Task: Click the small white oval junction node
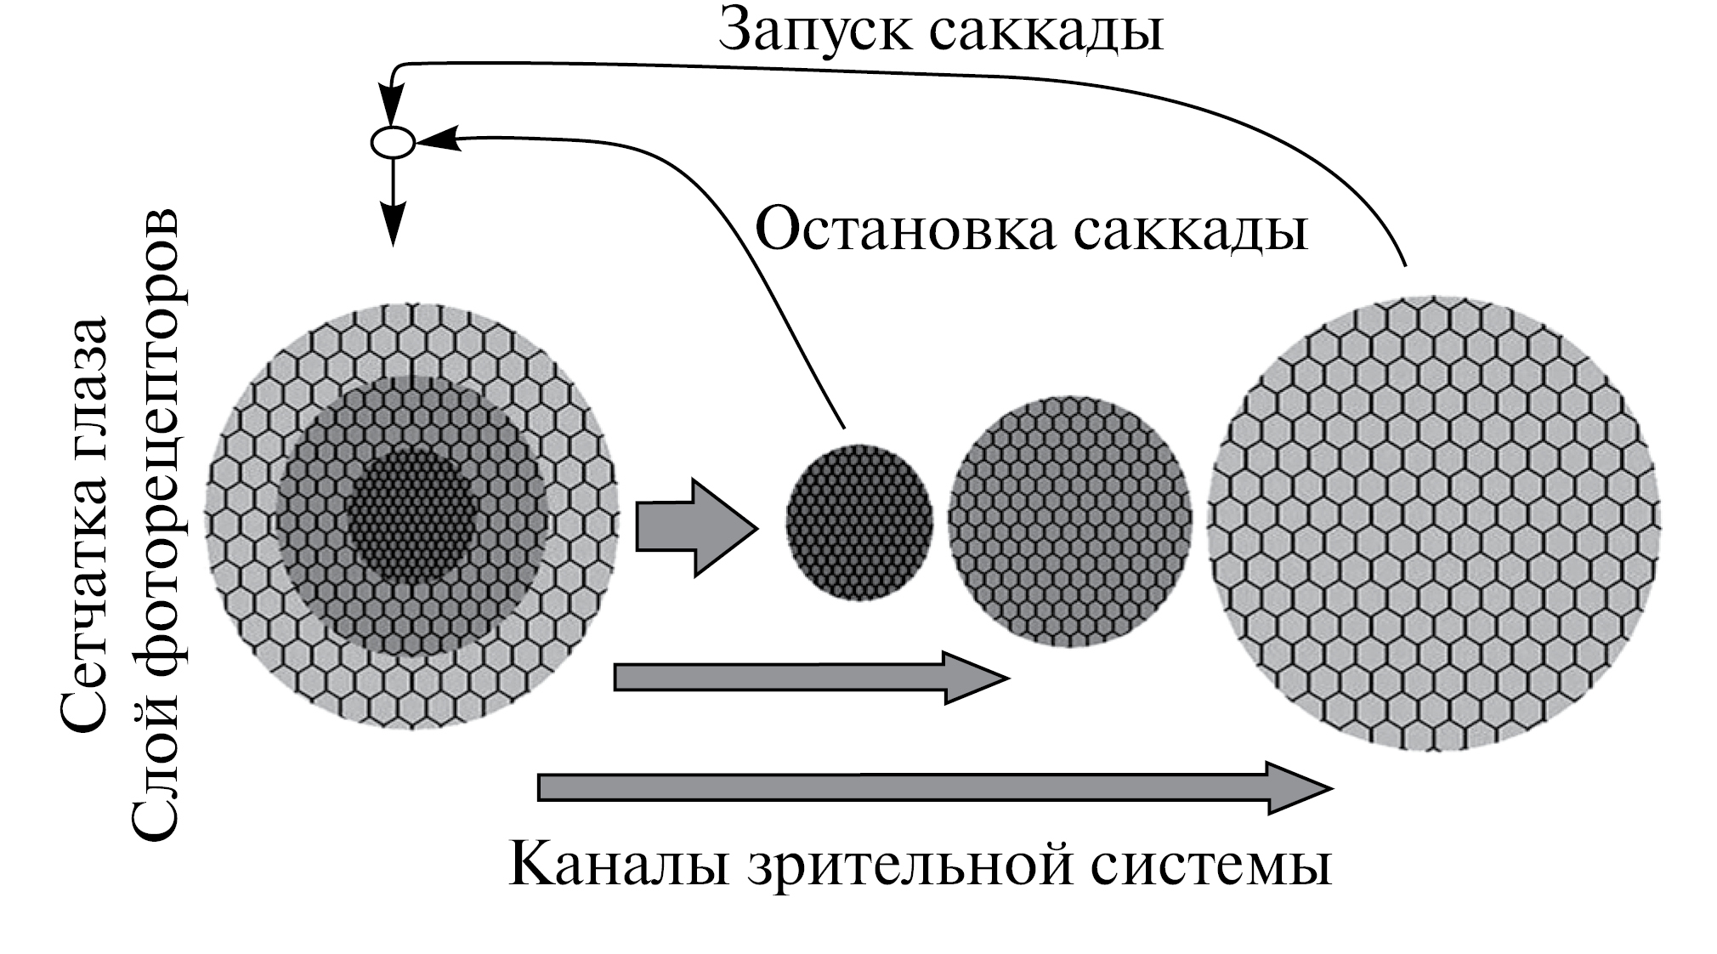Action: [x=393, y=142]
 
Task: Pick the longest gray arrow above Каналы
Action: [x=935, y=788]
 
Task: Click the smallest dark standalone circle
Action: [x=858, y=523]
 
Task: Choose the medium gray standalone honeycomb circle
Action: [x=1069, y=520]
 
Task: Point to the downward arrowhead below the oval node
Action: [x=393, y=225]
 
